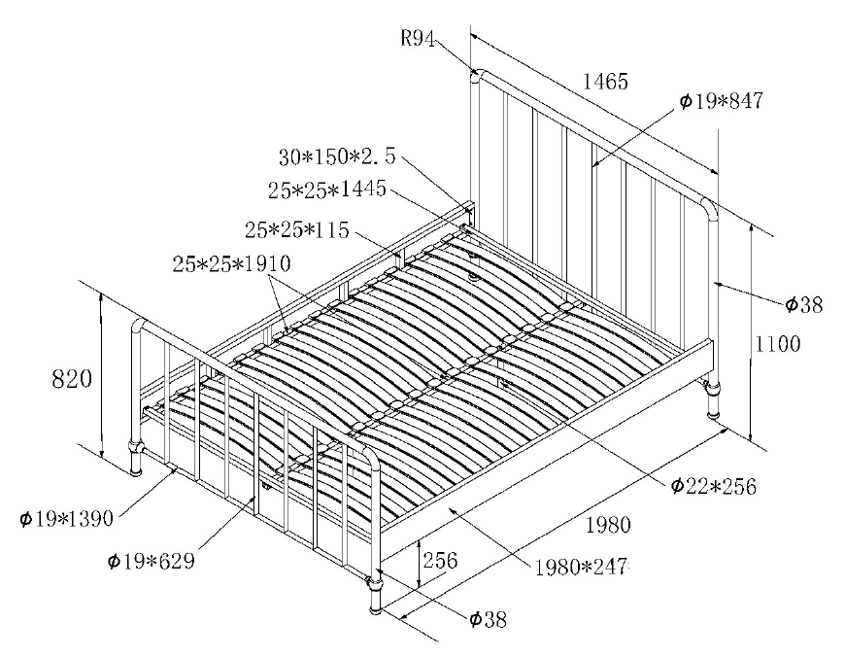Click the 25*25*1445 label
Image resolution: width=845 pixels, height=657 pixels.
click(x=327, y=190)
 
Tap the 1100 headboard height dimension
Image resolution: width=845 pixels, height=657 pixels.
click(x=777, y=344)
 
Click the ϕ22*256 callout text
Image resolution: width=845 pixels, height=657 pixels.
click(x=712, y=485)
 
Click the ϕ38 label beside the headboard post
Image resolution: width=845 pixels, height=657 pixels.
click(x=804, y=305)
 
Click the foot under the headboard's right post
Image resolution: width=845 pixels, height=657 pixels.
click(x=714, y=398)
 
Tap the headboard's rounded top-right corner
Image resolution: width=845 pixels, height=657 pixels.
click(x=706, y=206)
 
